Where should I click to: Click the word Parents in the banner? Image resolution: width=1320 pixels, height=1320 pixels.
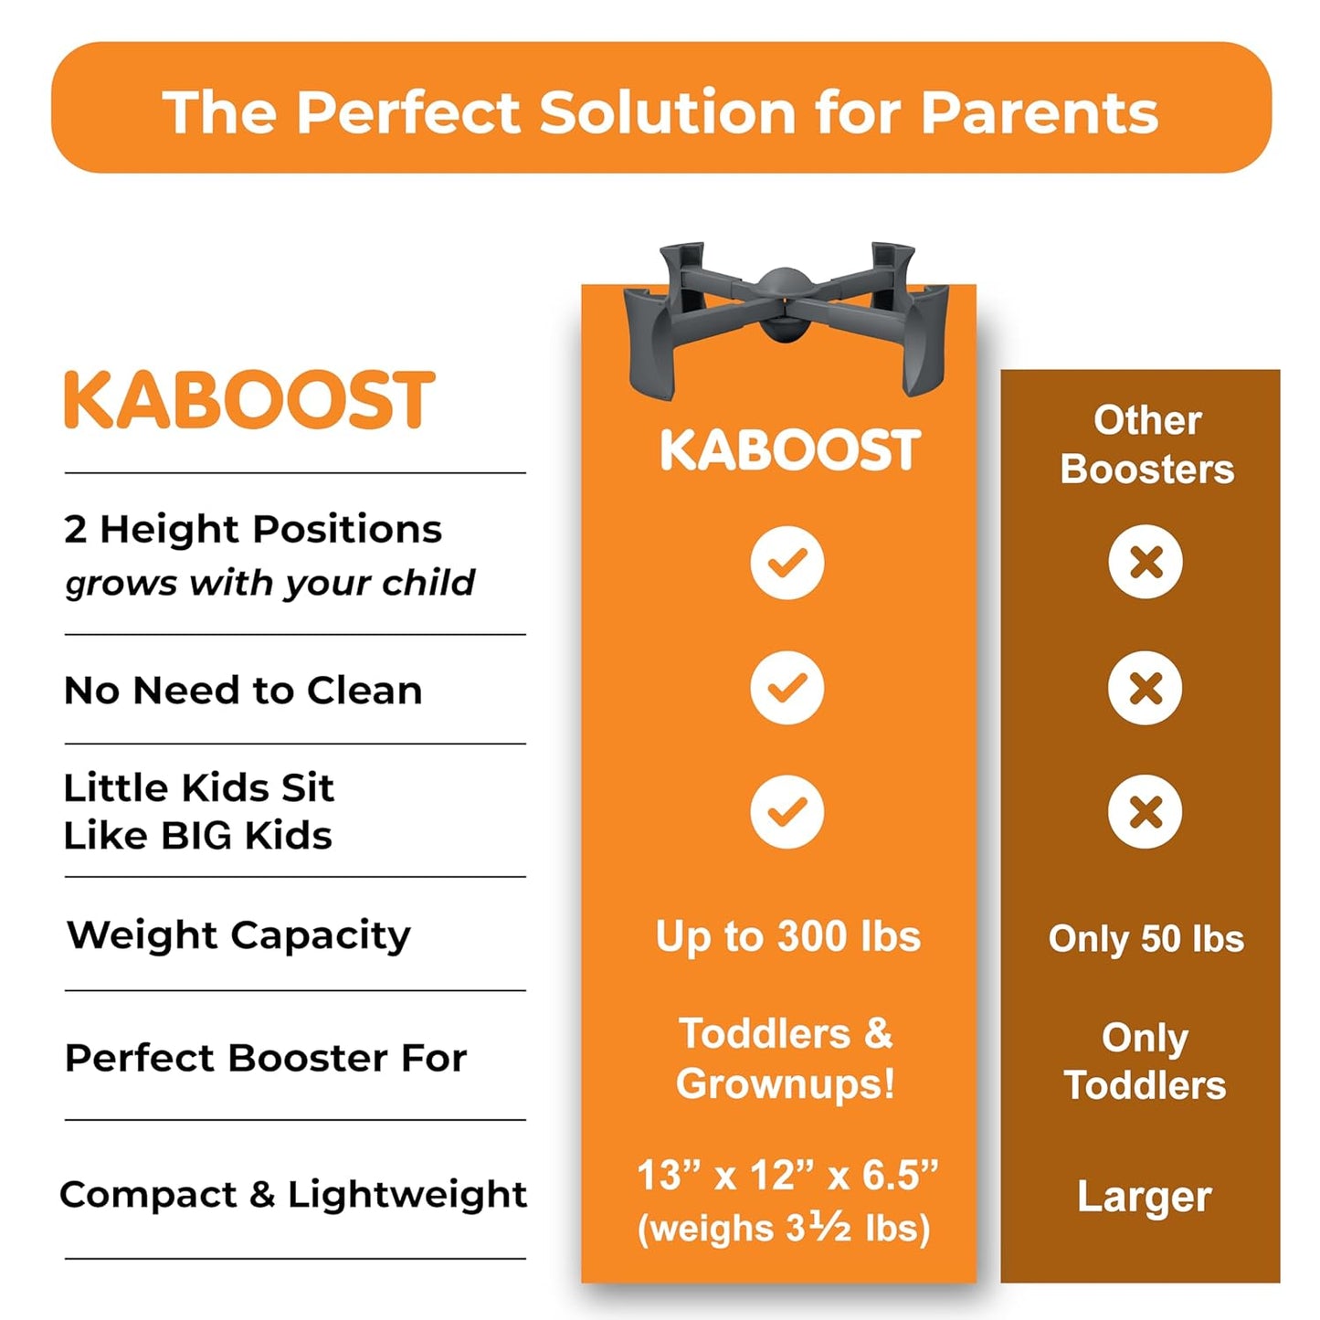pyautogui.click(x=1039, y=112)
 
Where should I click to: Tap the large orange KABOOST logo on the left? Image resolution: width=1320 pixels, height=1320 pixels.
pyautogui.click(x=248, y=400)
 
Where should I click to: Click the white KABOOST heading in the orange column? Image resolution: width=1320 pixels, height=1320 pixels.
pyautogui.click(x=789, y=450)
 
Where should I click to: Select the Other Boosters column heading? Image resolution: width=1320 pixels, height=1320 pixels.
pyautogui.click(x=1146, y=445)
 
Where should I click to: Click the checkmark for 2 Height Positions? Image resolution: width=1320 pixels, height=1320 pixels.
pyautogui.click(x=787, y=563)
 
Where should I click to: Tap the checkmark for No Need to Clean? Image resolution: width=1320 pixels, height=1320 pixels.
pyautogui.click(x=787, y=687)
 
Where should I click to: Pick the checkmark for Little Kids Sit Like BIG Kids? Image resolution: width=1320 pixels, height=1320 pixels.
pyautogui.click(x=787, y=812)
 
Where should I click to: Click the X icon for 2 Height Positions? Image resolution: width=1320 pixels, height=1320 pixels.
pyautogui.click(x=1146, y=562)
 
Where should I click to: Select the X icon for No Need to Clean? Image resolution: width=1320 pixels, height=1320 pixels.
pyautogui.click(x=1146, y=687)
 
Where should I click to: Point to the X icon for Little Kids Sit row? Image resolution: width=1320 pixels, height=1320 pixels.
pyautogui.click(x=1146, y=812)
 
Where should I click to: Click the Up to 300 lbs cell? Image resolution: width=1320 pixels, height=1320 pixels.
pyautogui.click(x=787, y=937)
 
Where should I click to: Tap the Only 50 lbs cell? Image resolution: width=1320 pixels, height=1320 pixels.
pyautogui.click(x=1146, y=939)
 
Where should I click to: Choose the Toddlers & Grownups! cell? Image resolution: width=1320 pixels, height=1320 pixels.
pyautogui.click(x=786, y=1059)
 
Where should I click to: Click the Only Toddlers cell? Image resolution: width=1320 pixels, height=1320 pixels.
pyautogui.click(x=1145, y=1061)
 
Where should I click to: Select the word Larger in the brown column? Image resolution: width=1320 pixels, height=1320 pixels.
pyautogui.click(x=1145, y=1197)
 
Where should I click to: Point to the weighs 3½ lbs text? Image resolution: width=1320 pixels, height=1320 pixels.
pyautogui.click(x=784, y=1229)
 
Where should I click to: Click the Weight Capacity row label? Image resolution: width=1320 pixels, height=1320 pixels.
pyautogui.click(x=238, y=935)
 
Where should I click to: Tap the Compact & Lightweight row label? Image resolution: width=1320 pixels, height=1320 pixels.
pyautogui.click(x=293, y=1195)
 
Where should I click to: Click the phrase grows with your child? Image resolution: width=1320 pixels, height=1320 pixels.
pyautogui.click(x=270, y=583)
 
